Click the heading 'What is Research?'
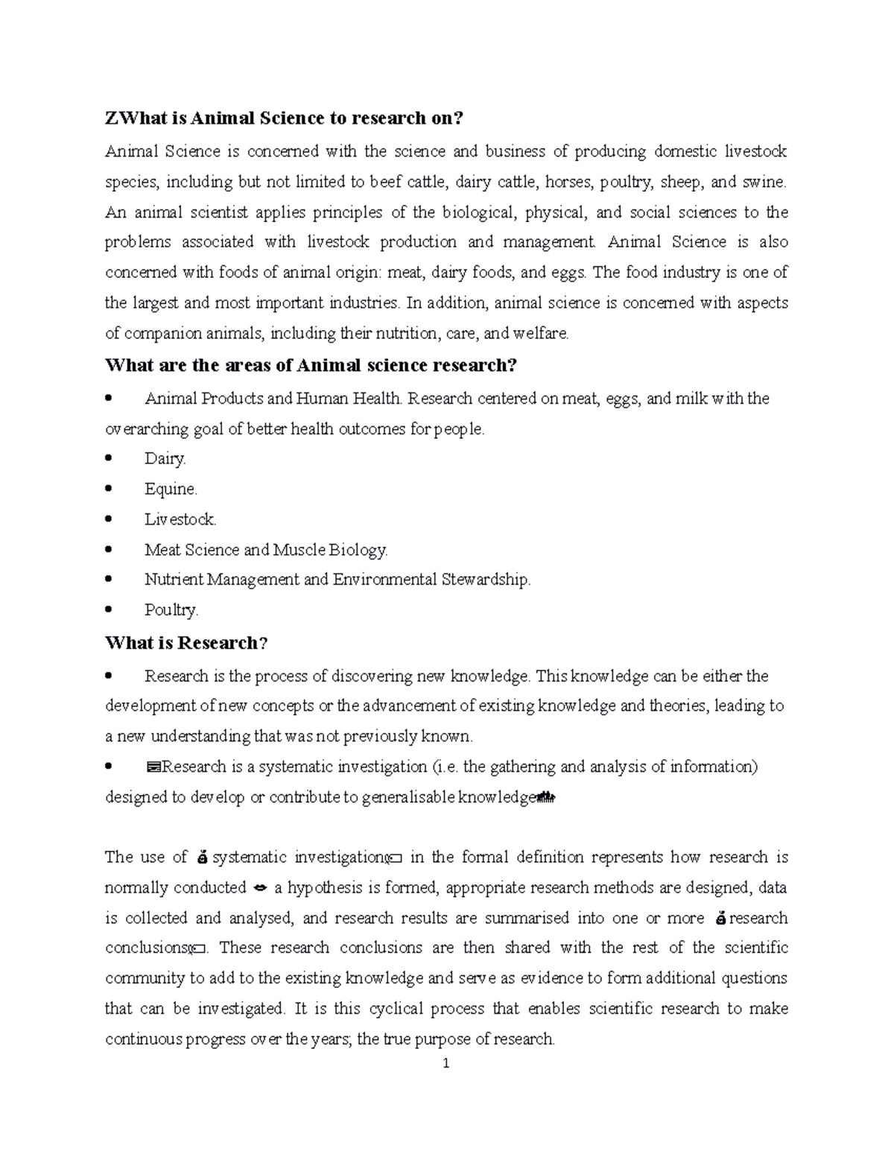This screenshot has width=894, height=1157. pos(186,643)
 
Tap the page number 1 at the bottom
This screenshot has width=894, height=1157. pos(446,1064)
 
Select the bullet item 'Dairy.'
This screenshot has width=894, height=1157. pos(165,459)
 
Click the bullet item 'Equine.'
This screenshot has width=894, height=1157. pos(171,489)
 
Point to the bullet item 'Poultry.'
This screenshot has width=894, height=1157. pos(171,610)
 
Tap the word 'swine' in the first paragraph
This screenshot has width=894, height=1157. pos(763,182)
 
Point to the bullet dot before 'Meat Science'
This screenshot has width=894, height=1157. pos(110,549)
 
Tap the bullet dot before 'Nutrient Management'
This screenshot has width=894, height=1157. pos(110,579)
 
